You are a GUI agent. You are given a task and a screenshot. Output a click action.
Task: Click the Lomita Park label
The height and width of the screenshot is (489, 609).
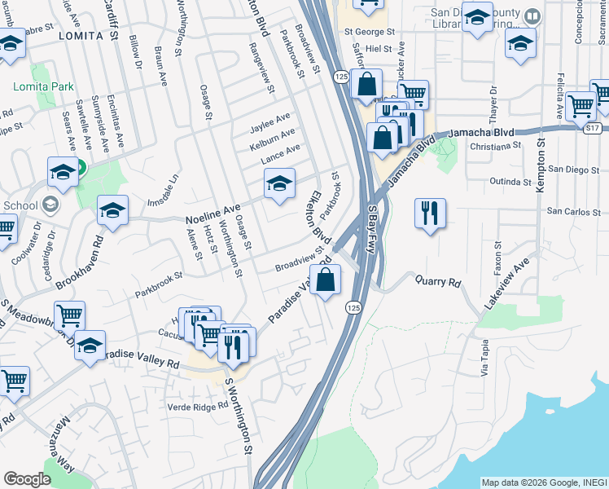[43, 86]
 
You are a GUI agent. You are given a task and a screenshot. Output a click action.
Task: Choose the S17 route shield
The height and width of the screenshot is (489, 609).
[593, 127]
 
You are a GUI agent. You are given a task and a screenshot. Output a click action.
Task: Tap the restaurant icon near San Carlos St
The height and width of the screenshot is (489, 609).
[429, 214]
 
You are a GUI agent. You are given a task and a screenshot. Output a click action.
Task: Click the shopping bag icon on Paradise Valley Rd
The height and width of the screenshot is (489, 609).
[325, 280]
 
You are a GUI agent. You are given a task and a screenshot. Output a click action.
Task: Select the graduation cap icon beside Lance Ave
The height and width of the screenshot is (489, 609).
[279, 184]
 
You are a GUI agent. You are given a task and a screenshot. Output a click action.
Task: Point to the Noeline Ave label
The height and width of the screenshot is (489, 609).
[213, 215]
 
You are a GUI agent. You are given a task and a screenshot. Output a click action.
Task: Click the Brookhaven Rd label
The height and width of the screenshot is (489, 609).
[79, 263]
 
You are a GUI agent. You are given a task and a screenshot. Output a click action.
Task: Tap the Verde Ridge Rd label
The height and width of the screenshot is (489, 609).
[197, 406]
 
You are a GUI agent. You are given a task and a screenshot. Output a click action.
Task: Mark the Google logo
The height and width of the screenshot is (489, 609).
[27, 479]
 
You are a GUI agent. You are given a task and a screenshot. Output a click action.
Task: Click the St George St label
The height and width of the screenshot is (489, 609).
[369, 33]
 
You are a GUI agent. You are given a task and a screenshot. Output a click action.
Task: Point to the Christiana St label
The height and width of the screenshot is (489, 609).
[495, 145]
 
